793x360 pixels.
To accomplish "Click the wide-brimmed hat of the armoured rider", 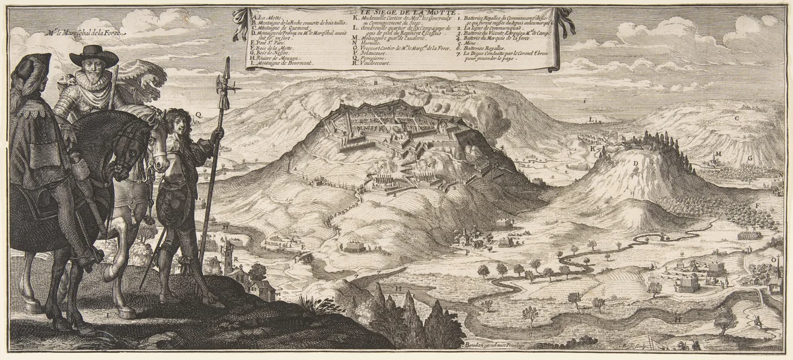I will [93, 55].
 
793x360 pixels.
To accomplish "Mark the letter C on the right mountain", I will [736, 118].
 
